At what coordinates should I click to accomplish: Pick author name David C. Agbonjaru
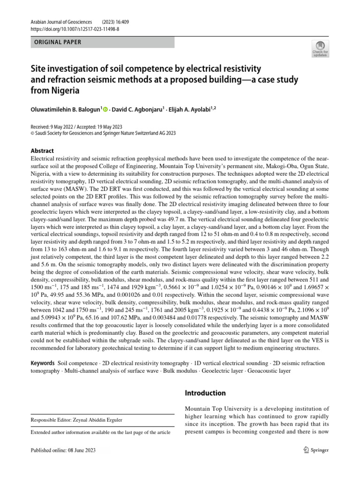[x=144, y=110]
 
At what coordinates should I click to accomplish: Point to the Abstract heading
[x=42, y=150]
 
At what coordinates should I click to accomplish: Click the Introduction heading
[x=205, y=393]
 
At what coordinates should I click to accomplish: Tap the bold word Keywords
[x=43, y=363]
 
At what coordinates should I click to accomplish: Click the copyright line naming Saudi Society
[x=103, y=133]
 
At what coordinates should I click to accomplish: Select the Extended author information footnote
[x=100, y=432]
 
